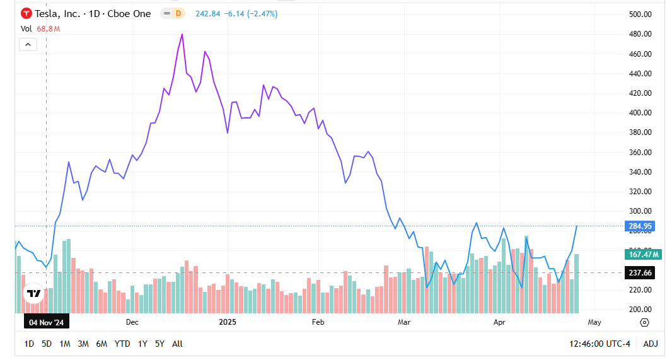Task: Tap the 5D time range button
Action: (x=47, y=344)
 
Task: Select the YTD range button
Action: (x=122, y=344)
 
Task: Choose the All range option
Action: (x=177, y=344)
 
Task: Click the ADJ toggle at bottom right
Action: (x=650, y=344)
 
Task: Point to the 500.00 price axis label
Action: (x=640, y=15)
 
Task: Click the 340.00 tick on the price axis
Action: (x=640, y=172)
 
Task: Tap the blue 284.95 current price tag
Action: (x=640, y=226)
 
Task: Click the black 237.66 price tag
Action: (x=640, y=272)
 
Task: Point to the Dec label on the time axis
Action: (x=132, y=322)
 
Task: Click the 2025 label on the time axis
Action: (x=227, y=322)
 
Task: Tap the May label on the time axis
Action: (x=594, y=322)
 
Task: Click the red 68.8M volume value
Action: (x=48, y=28)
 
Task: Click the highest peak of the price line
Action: (x=182, y=35)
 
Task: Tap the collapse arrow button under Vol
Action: (x=28, y=44)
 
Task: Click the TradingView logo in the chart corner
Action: (x=33, y=293)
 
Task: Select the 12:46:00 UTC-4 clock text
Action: (x=600, y=344)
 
